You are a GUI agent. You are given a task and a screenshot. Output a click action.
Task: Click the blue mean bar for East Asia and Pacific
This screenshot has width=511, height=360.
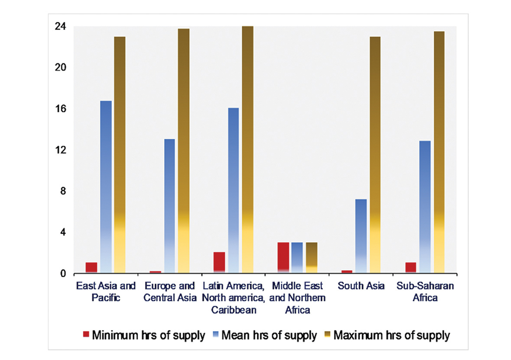105,186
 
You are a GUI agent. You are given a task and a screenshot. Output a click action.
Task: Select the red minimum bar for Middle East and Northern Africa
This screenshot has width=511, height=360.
283,257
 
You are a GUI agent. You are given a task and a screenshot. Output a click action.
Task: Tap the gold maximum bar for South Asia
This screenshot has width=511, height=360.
375,154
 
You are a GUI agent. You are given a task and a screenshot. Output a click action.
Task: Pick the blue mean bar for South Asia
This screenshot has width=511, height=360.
361,236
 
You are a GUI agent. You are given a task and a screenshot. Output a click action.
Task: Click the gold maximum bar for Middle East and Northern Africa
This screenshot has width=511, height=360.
311,257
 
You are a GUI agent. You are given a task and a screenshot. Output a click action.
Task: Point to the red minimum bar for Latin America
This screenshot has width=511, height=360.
219,262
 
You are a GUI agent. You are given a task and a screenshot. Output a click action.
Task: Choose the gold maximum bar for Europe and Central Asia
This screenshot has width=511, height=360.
183,150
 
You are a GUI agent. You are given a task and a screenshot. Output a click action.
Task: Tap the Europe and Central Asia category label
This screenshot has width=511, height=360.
170,291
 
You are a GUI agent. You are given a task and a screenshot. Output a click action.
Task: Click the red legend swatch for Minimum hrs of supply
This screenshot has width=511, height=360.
86,335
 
